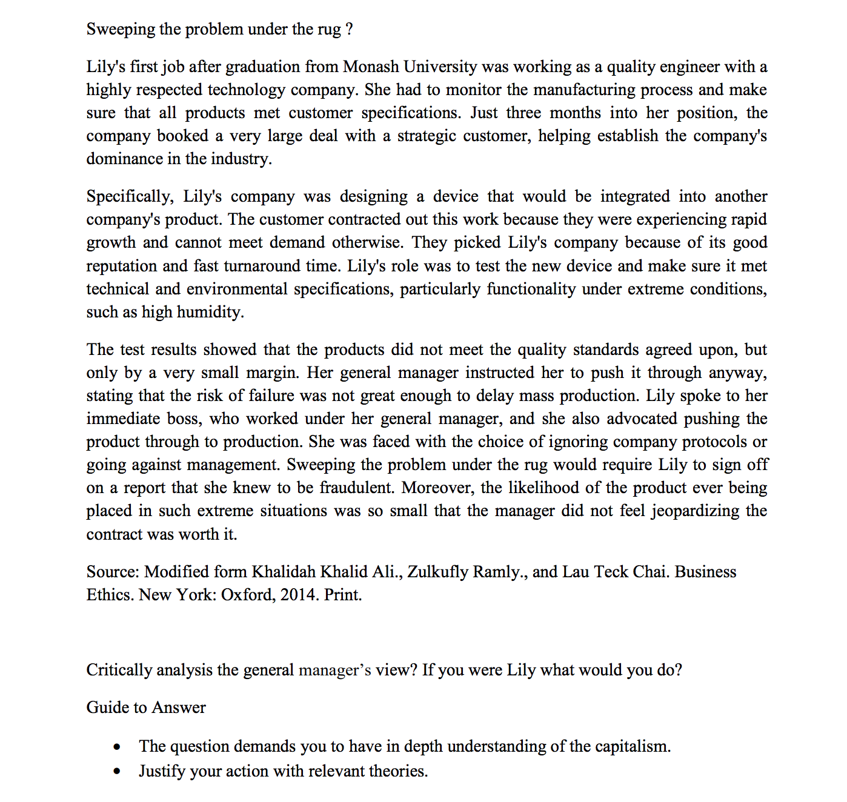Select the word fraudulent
[356, 488]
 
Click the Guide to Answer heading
[146, 708]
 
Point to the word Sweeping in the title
[121, 29]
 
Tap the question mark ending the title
[349, 29]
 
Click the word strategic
[427, 136]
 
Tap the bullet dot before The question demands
[117, 747]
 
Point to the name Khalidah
[284, 572]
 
